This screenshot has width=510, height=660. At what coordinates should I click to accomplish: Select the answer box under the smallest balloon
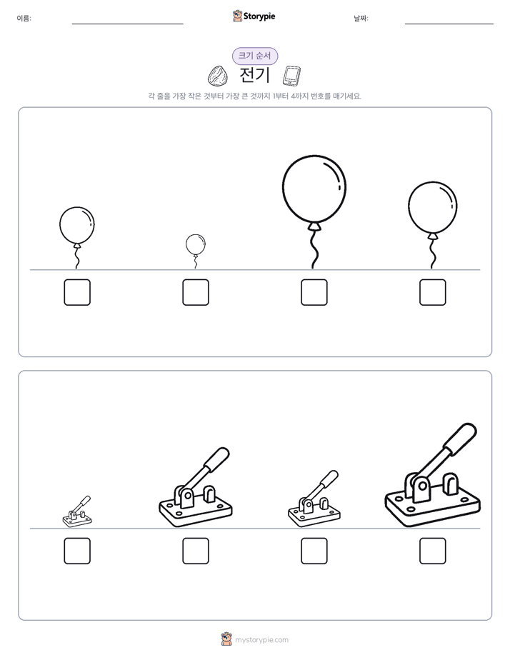[196, 292]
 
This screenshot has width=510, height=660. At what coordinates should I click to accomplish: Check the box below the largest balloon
[314, 292]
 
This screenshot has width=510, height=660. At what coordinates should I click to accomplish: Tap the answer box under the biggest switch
[433, 551]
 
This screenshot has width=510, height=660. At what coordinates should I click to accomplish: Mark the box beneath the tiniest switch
[77, 551]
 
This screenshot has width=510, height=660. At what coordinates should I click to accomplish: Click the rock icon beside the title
[218, 76]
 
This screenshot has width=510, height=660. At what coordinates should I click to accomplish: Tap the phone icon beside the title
[291, 76]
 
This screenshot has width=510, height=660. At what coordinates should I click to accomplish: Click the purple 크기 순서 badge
[255, 56]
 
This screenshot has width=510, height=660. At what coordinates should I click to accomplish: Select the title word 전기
[254, 75]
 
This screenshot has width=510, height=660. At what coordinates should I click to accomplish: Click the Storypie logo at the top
[254, 16]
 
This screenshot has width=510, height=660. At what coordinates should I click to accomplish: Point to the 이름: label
[24, 18]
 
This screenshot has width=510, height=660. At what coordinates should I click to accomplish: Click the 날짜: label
[361, 18]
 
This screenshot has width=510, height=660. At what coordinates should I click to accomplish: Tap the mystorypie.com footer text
[261, 640]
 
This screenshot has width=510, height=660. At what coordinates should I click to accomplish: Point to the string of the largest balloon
[314, 250]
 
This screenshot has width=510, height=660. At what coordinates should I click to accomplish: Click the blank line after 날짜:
[449, 24]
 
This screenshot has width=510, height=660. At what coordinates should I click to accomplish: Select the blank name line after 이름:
[127, 24]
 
